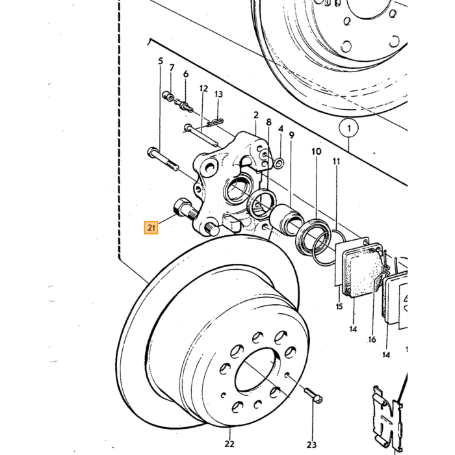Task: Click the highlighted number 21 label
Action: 151,227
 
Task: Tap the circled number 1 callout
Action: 349,128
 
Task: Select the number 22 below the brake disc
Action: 229,444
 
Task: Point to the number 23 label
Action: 311,444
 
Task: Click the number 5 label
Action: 161,61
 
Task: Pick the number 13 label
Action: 219,94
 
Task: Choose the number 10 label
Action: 317,151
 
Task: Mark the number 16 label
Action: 372,339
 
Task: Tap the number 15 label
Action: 339,306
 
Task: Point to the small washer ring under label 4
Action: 279,162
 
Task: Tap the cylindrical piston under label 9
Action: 286,220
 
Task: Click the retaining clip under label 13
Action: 215,122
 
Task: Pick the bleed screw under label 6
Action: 184,105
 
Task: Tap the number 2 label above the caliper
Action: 255,115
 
